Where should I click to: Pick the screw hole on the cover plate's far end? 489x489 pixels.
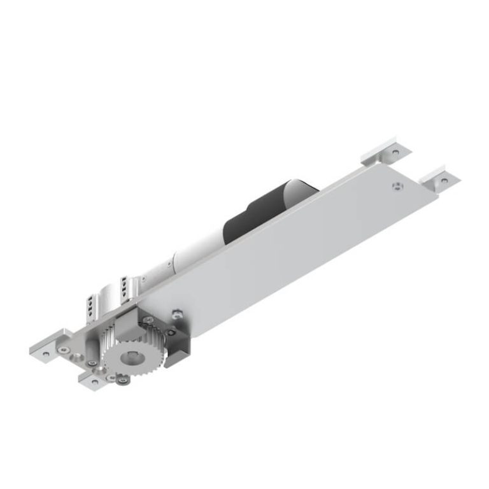[x=396, y=186]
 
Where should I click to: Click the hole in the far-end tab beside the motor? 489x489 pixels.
[x=396, y=153]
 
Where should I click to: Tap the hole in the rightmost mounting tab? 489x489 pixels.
[x=444, y=180]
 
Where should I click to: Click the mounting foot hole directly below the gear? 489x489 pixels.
[x=96, y=382]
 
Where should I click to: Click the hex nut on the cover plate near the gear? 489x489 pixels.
[x=176, y=313]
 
